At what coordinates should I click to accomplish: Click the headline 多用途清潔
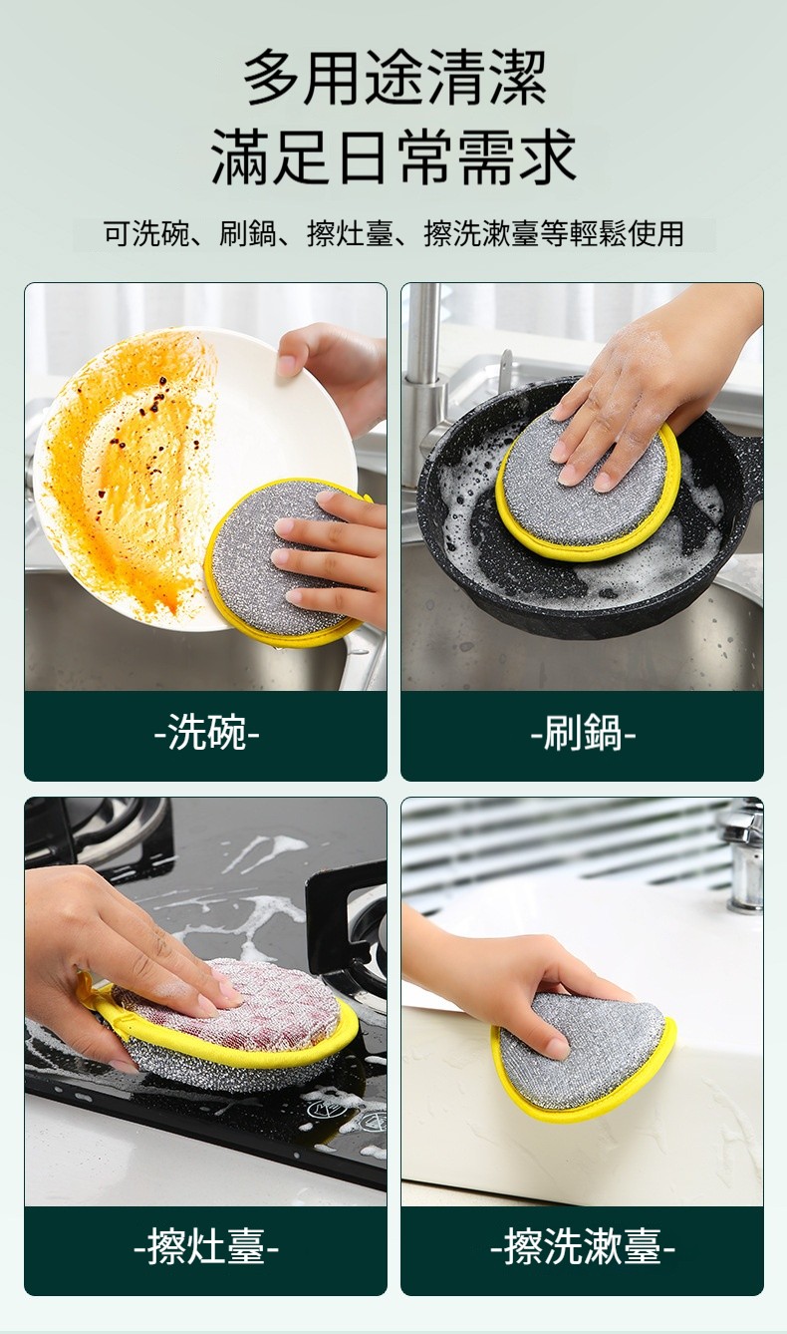coord(394,78)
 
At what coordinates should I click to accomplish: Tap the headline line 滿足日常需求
coord(393,156)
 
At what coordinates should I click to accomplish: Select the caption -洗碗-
coord(206,732)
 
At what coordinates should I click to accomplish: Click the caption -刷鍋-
coord(583,732)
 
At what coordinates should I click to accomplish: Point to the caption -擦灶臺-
coord(206,1246)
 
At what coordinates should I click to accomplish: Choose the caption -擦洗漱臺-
coord(583,1246)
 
